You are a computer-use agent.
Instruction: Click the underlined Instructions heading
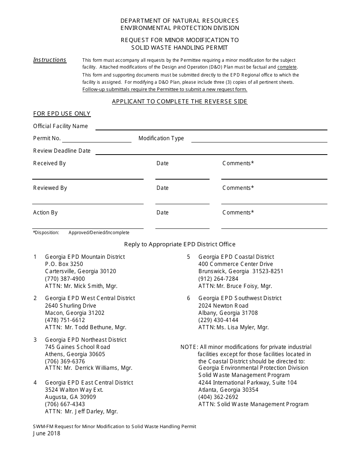50,60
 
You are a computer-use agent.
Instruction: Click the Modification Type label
161,138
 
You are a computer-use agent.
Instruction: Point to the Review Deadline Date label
62,151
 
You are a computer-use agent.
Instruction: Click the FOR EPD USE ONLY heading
62,114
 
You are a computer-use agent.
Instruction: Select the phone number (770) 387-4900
65,279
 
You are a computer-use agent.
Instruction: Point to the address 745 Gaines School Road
77,347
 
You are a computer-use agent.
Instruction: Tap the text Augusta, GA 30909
70,397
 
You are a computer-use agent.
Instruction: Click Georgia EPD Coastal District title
236,257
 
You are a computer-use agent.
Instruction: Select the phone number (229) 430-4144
218,320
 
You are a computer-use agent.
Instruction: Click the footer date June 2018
46,433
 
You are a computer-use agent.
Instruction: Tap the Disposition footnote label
46,233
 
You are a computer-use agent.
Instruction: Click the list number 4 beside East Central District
35,383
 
